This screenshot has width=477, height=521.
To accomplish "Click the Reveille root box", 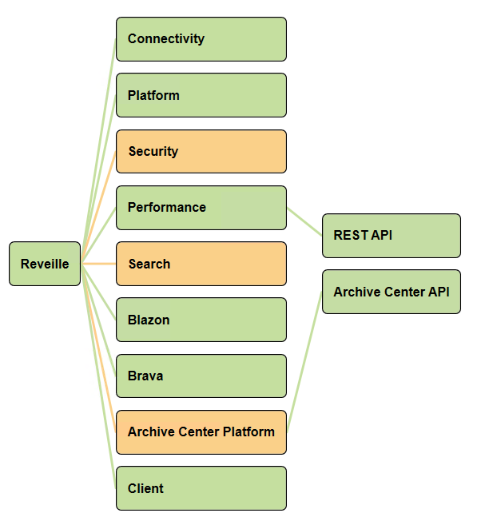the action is click(x=45, y=264).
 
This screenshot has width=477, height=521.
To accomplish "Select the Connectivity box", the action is click(x=201, y=39).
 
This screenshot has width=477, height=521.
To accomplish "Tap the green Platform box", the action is click(x=201, y=95).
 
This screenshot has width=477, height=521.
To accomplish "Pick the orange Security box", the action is click(x=201, y=152).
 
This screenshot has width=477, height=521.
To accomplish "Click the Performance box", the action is click(x=201, y=208).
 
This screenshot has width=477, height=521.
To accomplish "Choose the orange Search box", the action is click(x=201, y=264).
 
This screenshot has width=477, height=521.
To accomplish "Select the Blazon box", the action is click(x=201, y=320).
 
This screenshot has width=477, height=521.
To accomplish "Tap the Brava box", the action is click(x=201, y=376).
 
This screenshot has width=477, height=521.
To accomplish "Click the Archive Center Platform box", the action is click(x=201, y=432).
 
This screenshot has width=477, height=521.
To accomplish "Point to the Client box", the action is click(x=201, y=488).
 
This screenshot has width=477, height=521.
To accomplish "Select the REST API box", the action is click(x=392, y=236).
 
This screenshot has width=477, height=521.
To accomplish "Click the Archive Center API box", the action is click(x=392, y=292).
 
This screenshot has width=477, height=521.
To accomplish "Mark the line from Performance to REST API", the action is click(x=304, y=222).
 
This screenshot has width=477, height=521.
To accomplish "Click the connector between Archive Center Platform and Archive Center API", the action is click(x=304, y=362).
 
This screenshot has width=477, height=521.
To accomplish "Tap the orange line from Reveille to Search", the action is click(x=99, y=264).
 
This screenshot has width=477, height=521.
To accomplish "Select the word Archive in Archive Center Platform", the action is click(x=151, y=432).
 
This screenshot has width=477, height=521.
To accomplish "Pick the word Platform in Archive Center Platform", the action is click(x=248, y=432).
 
